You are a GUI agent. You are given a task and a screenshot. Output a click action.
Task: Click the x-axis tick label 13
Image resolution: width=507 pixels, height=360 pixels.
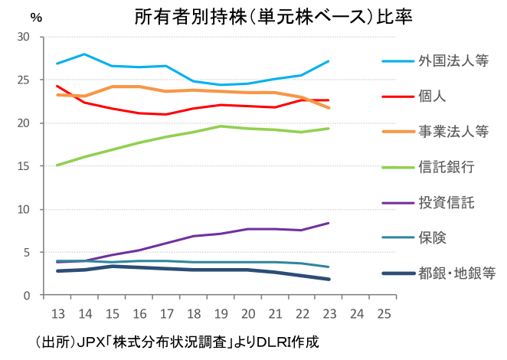pyautogui.click(x=57, y=314)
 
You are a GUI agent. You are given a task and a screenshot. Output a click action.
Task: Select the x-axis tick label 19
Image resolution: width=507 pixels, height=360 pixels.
pyautogui.click(x=220, y=314)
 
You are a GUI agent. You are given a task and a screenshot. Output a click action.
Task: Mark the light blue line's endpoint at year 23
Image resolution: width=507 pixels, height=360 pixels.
pyautogui.click(x=329, y=61)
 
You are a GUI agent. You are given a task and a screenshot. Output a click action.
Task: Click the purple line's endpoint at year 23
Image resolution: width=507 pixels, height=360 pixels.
pyautogui.click(x=329, y=223)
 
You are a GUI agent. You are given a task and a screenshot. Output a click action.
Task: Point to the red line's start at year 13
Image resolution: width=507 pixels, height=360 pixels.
pyautogui.click(x=57, y=86)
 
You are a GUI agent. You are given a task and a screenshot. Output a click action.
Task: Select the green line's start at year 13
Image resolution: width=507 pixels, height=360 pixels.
pyautogui.click(x=57, y=165)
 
